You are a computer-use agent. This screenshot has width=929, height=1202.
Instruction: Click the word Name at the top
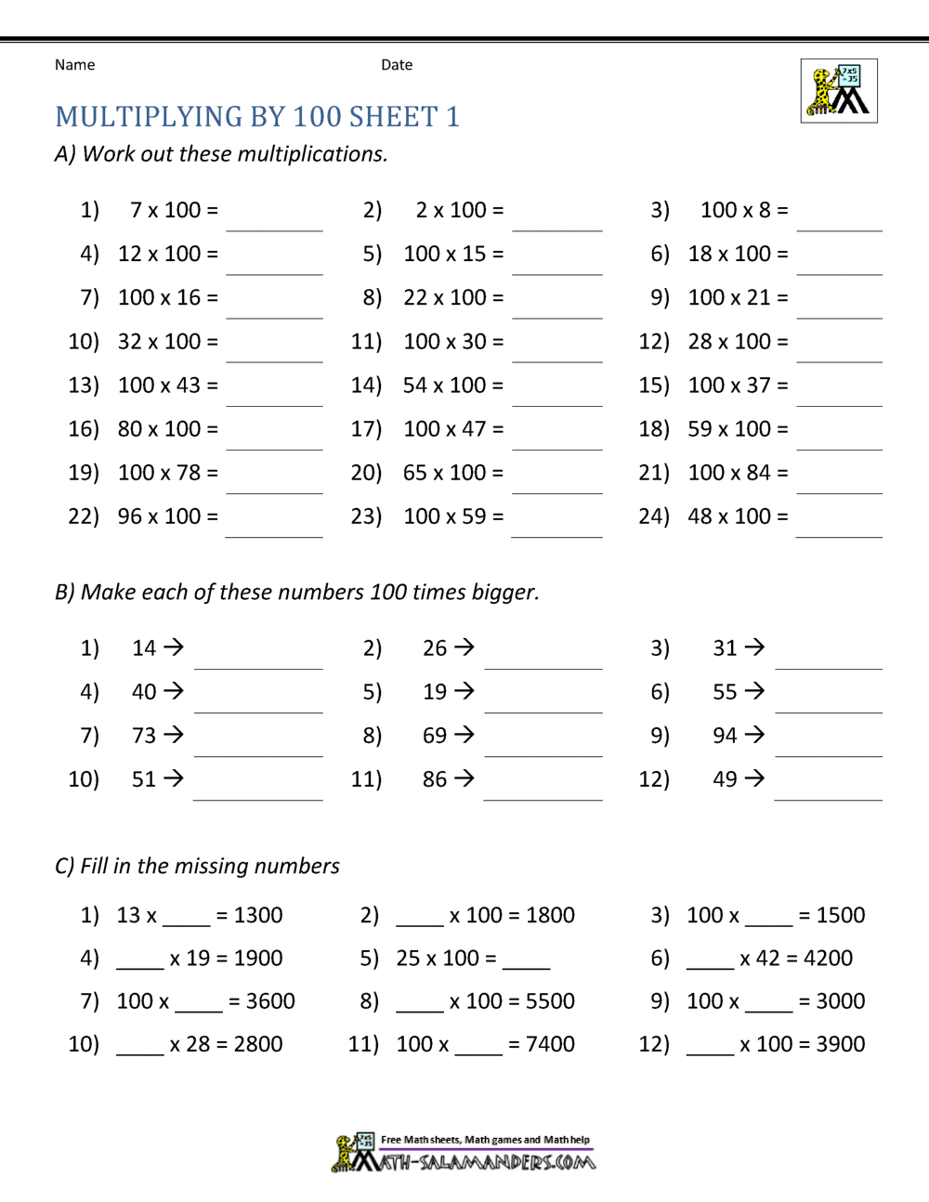[x=74, y=65]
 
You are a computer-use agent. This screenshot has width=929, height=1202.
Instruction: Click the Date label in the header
[x=397, y=65]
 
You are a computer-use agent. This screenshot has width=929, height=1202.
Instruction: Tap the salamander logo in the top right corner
[x=839, y=91]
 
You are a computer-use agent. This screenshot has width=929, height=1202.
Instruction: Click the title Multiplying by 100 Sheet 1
[x=257, y=117]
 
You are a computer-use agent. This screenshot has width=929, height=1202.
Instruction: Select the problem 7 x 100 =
[x=174, y=211]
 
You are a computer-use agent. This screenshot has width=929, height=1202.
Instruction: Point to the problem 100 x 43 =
[x=167, y=385]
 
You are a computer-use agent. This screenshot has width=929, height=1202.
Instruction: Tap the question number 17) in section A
[x=366, y=429]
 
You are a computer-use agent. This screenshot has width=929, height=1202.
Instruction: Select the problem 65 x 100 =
[x=453, y=473]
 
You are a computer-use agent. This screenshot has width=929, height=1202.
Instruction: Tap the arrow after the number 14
[x=174, y=647]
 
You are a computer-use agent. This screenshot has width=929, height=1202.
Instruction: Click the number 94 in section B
[x=725, y=736]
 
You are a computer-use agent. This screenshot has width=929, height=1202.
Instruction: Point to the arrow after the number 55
[x=755, y=691]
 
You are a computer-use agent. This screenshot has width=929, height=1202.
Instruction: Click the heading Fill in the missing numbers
[x=197, y=867]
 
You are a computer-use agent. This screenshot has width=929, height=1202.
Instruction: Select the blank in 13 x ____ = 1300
[x=187, y=921]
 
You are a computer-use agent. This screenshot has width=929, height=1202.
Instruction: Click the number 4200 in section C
[x=828, y=959]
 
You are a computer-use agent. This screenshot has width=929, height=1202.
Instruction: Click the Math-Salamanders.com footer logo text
[x=474, y=1162]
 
